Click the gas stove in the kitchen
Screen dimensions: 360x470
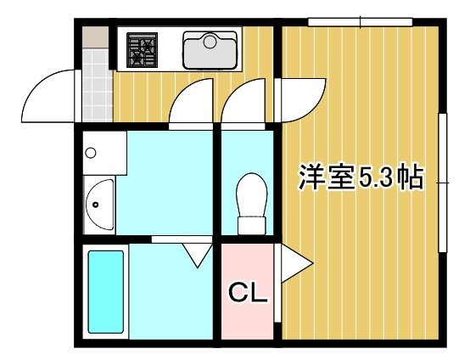pyautogui.click(x=142, y=48)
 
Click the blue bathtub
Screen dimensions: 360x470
pyautogui.click(x=107, y=291)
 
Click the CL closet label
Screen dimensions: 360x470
pyautogui.click(x=248, y=295)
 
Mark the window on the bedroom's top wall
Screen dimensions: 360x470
pyautogui.click(x=360, y=21)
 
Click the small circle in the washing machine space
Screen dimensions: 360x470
pyautogui.click(x=92, y=154)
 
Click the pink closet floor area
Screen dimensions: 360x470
pyautogui.click(x=248, y=318)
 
